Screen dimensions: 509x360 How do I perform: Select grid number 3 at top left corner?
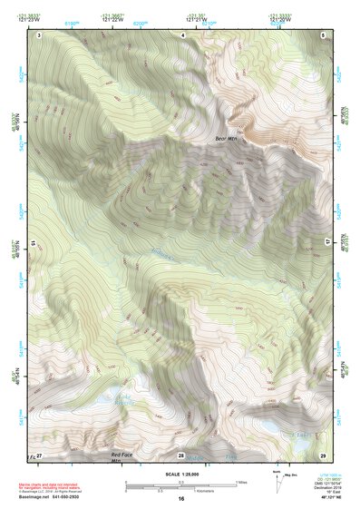click(39, 34)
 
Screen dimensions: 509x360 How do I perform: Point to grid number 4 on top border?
click(182, 34)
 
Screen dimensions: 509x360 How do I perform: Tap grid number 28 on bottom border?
click(181, 455)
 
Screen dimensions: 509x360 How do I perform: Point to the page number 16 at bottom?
click(180, 499)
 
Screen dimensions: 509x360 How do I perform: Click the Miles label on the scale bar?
click(241, 482)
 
